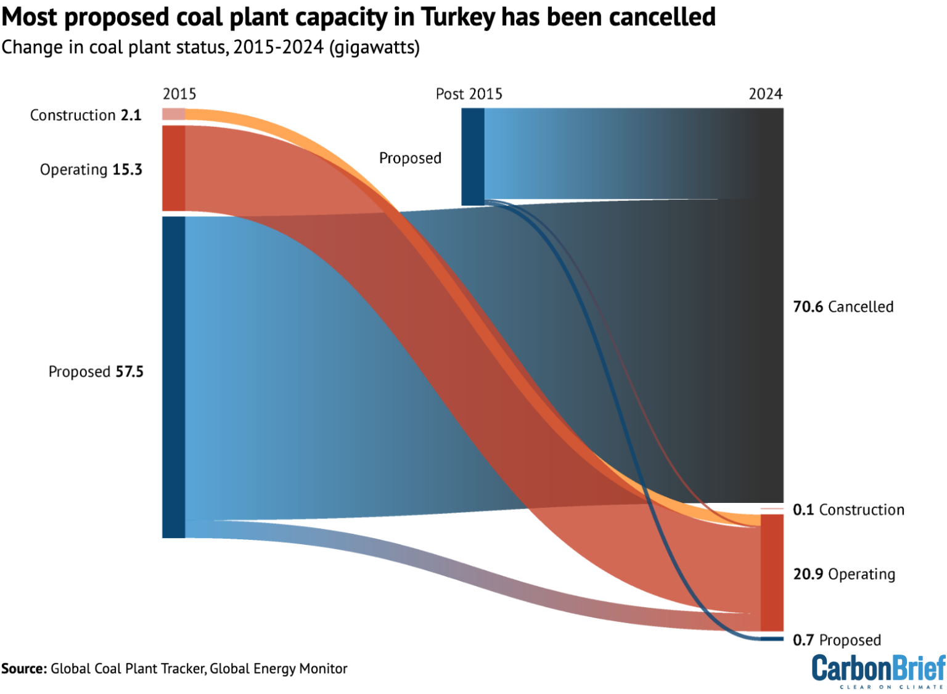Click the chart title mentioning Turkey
click(358, 17)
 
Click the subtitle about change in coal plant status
click(210, 47)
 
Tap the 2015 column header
click(179, 94)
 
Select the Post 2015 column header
click(469, 94)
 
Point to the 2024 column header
click(765, 94)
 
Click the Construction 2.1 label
click(86, 115)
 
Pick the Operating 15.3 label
click(91, 169)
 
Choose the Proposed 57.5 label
click(96, 372)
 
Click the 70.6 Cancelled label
click(843, 307)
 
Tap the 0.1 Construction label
click(848, 510)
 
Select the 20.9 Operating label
click(844, 574)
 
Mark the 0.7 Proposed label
click(837, 640)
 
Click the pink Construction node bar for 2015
click(173, 114)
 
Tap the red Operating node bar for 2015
click(173, 168)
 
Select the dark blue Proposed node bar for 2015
click(173, 377)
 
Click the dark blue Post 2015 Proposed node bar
click(473, 157)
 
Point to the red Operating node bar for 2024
click(772, 573)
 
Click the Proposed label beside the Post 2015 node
click(410, 158)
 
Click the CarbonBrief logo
click(878, 671)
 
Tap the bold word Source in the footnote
click(23, 669)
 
